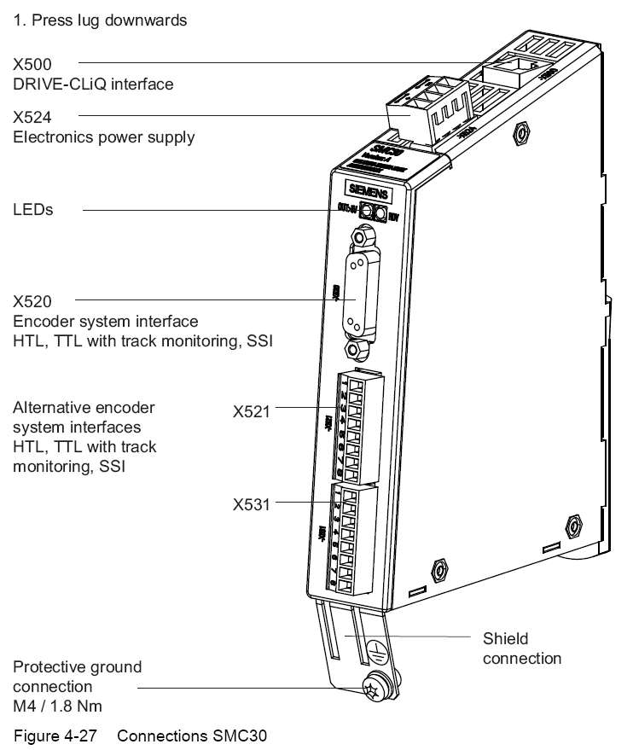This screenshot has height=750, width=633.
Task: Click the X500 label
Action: coord(32,65)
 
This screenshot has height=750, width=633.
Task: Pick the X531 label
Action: coord(252,504)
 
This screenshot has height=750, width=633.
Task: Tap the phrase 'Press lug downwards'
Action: coord(107,20)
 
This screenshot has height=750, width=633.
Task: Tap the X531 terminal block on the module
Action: coord(353,538)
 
